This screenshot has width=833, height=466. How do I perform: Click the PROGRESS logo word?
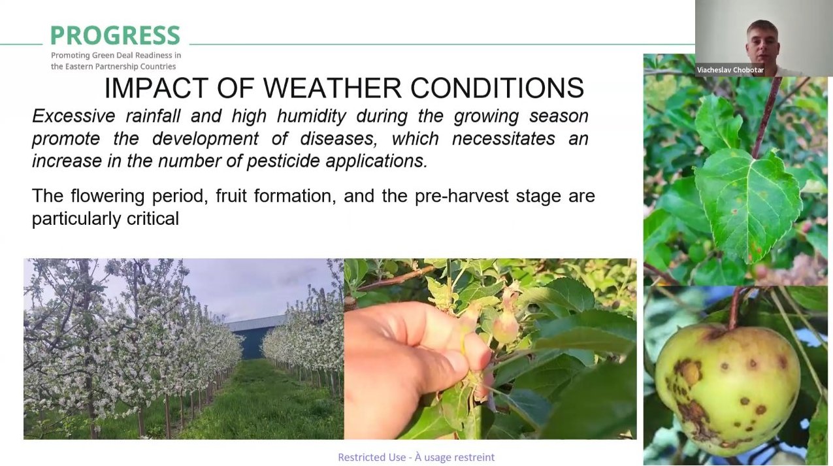coord(115,35)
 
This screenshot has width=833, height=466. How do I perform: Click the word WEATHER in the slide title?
coord(333,88)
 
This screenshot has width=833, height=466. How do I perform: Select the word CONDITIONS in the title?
coord(497,88)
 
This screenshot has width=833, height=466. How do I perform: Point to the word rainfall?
coord(153,116)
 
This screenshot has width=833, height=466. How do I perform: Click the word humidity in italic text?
coord(312,116)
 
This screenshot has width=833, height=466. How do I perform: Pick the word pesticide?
coord(283,161)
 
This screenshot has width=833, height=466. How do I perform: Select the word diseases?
coord(337,139)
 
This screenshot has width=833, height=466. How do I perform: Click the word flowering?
coord(107,196)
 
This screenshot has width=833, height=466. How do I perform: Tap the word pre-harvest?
coord(461,196)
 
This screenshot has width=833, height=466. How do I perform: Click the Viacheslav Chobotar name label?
coord(730,70)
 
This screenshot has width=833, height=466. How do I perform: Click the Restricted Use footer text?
coord(416,457)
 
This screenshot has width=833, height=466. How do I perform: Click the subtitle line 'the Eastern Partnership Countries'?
coord(114,67)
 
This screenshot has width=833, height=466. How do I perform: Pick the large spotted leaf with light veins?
coord(747,205)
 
